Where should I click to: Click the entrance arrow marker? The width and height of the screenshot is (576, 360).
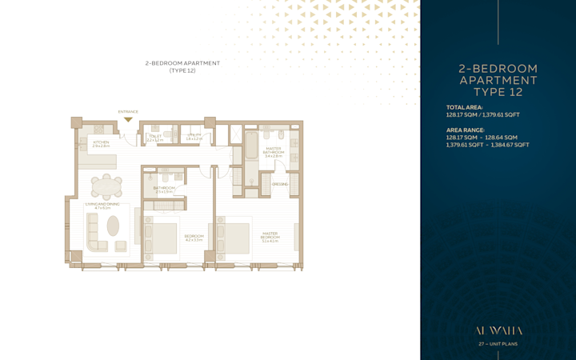(x=128, y=119)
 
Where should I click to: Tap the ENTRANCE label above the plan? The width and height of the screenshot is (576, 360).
(x=128, y=111)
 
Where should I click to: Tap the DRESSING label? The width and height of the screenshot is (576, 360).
(x=279, y=184)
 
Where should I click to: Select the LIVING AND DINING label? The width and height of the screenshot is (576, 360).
(x=102, y=206)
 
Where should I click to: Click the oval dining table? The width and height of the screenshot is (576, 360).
(x=106, y=187)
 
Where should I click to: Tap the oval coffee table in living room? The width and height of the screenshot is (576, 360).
(x=113, y=226)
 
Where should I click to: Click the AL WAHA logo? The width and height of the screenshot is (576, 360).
(x=498, y=329)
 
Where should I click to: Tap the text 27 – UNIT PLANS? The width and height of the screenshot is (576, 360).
(x=498, y=344)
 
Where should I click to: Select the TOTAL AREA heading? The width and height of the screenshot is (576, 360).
(x=465, y=106)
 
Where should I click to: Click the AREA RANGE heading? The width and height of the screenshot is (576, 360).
(x=466, y=130)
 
